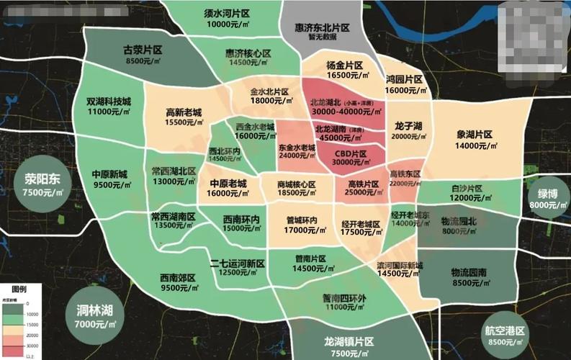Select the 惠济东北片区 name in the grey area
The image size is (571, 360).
point(322,27)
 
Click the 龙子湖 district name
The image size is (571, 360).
point(407,127)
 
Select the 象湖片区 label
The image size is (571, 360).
point(474,135)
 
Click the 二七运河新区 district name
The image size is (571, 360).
point(238,262)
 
